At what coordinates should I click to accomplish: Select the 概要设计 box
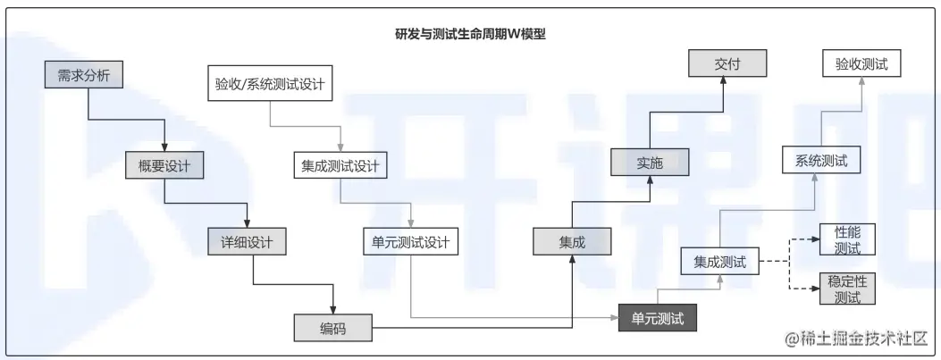tap(165, 165)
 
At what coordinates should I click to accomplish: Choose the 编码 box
tap(332, 329)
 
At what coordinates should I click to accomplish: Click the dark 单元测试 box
tap(658, 318)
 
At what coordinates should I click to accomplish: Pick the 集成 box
tap(572, 241)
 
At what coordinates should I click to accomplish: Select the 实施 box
tap(650, 163)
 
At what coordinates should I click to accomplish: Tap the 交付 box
tap(728, 64)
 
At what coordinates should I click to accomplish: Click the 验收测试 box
tap(861, 64)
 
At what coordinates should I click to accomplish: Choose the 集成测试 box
tap(719, 262)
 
